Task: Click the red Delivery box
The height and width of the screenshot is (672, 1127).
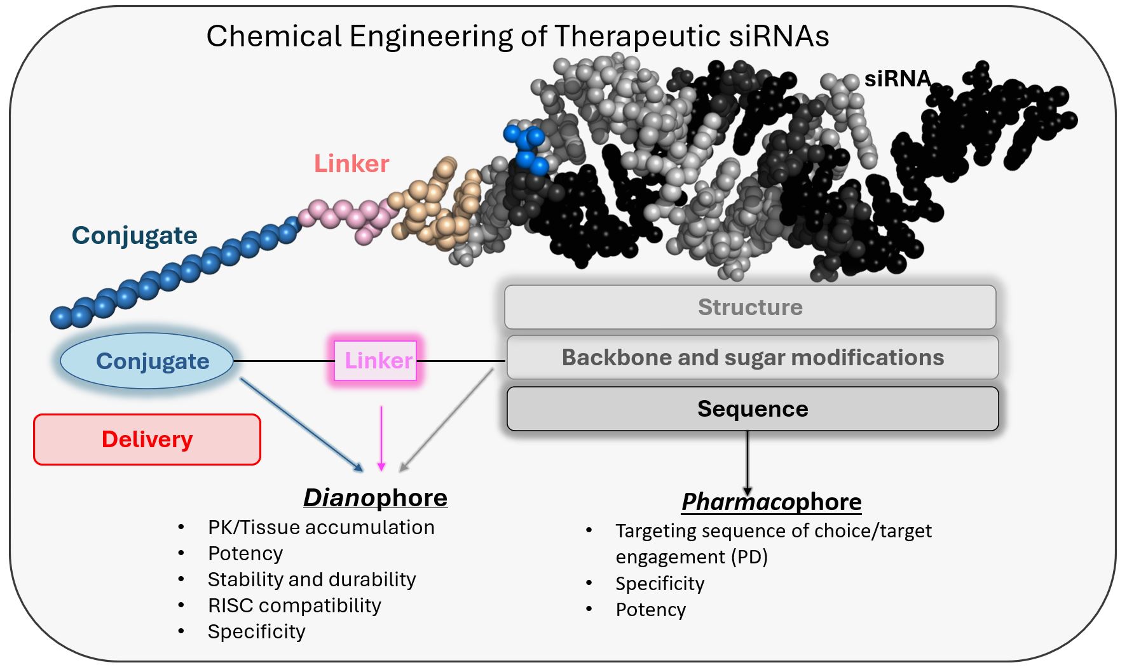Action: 147,440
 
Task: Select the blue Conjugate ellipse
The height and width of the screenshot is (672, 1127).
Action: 147,361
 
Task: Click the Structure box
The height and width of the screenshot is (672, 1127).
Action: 750,307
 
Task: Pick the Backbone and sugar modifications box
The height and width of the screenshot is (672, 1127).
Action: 753,358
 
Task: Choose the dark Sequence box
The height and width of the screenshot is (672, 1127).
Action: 753,409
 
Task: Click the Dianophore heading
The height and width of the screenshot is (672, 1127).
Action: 375,498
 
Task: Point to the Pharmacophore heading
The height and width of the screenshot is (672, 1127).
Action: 771,502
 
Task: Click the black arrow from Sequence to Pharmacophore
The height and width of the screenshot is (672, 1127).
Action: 748,460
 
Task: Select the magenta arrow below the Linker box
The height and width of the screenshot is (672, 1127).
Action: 381,438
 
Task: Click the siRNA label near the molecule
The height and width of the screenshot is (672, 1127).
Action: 897,79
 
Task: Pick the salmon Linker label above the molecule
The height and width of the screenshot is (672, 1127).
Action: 352,164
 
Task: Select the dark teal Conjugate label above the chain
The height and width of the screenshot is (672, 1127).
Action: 134,236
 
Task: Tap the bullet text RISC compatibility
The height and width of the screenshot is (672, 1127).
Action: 294,606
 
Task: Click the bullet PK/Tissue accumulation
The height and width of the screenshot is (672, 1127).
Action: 321,528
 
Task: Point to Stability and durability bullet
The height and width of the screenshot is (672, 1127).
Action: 311,580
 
